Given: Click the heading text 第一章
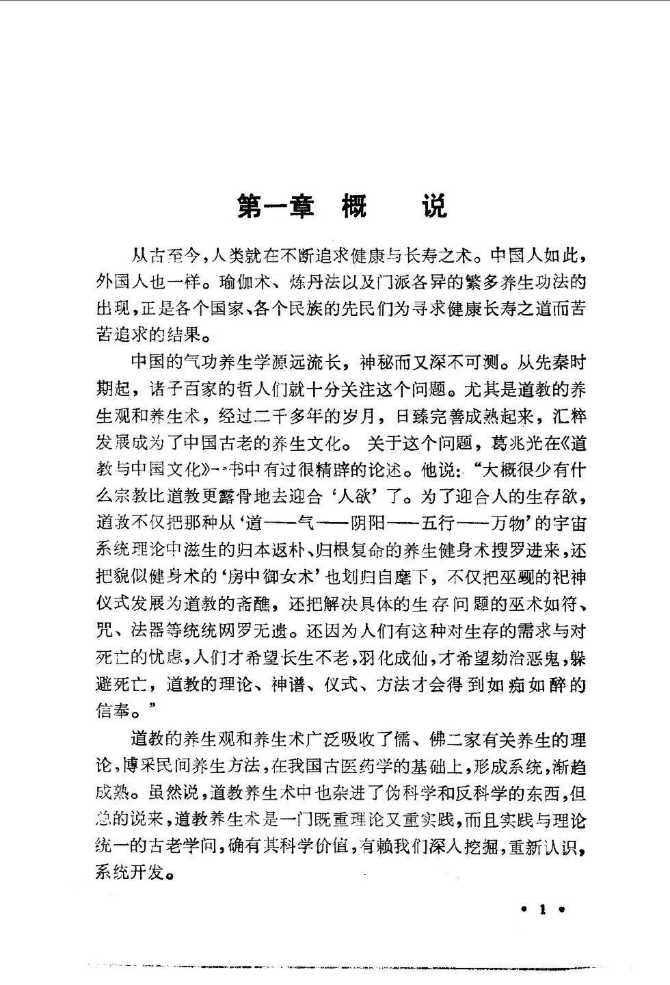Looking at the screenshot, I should click(276, 205).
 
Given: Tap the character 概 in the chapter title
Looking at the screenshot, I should click(354, 205).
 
